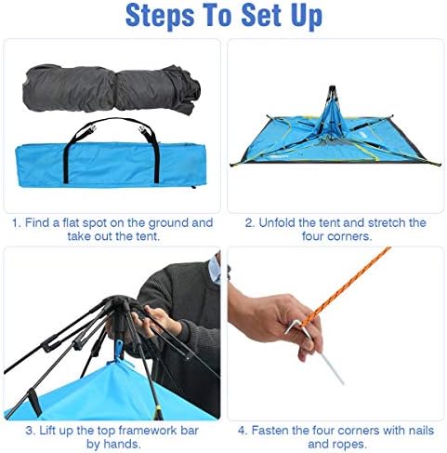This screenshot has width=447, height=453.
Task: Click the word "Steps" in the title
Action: [160, 16]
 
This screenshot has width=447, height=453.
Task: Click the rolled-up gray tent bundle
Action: [112, 88]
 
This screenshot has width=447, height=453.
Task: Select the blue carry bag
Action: [111, 165]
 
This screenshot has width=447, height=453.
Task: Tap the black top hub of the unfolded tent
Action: [332, 90]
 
